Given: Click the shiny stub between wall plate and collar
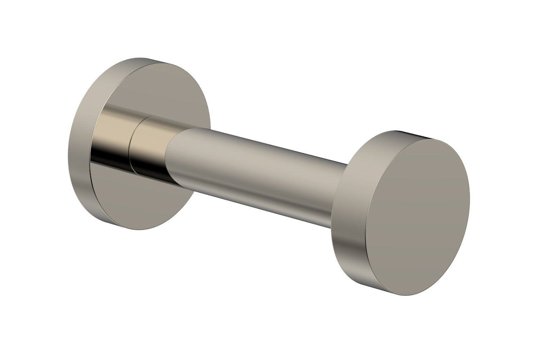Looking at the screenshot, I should coord(113,143).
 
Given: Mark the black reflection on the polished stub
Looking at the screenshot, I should coord(112,153).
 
